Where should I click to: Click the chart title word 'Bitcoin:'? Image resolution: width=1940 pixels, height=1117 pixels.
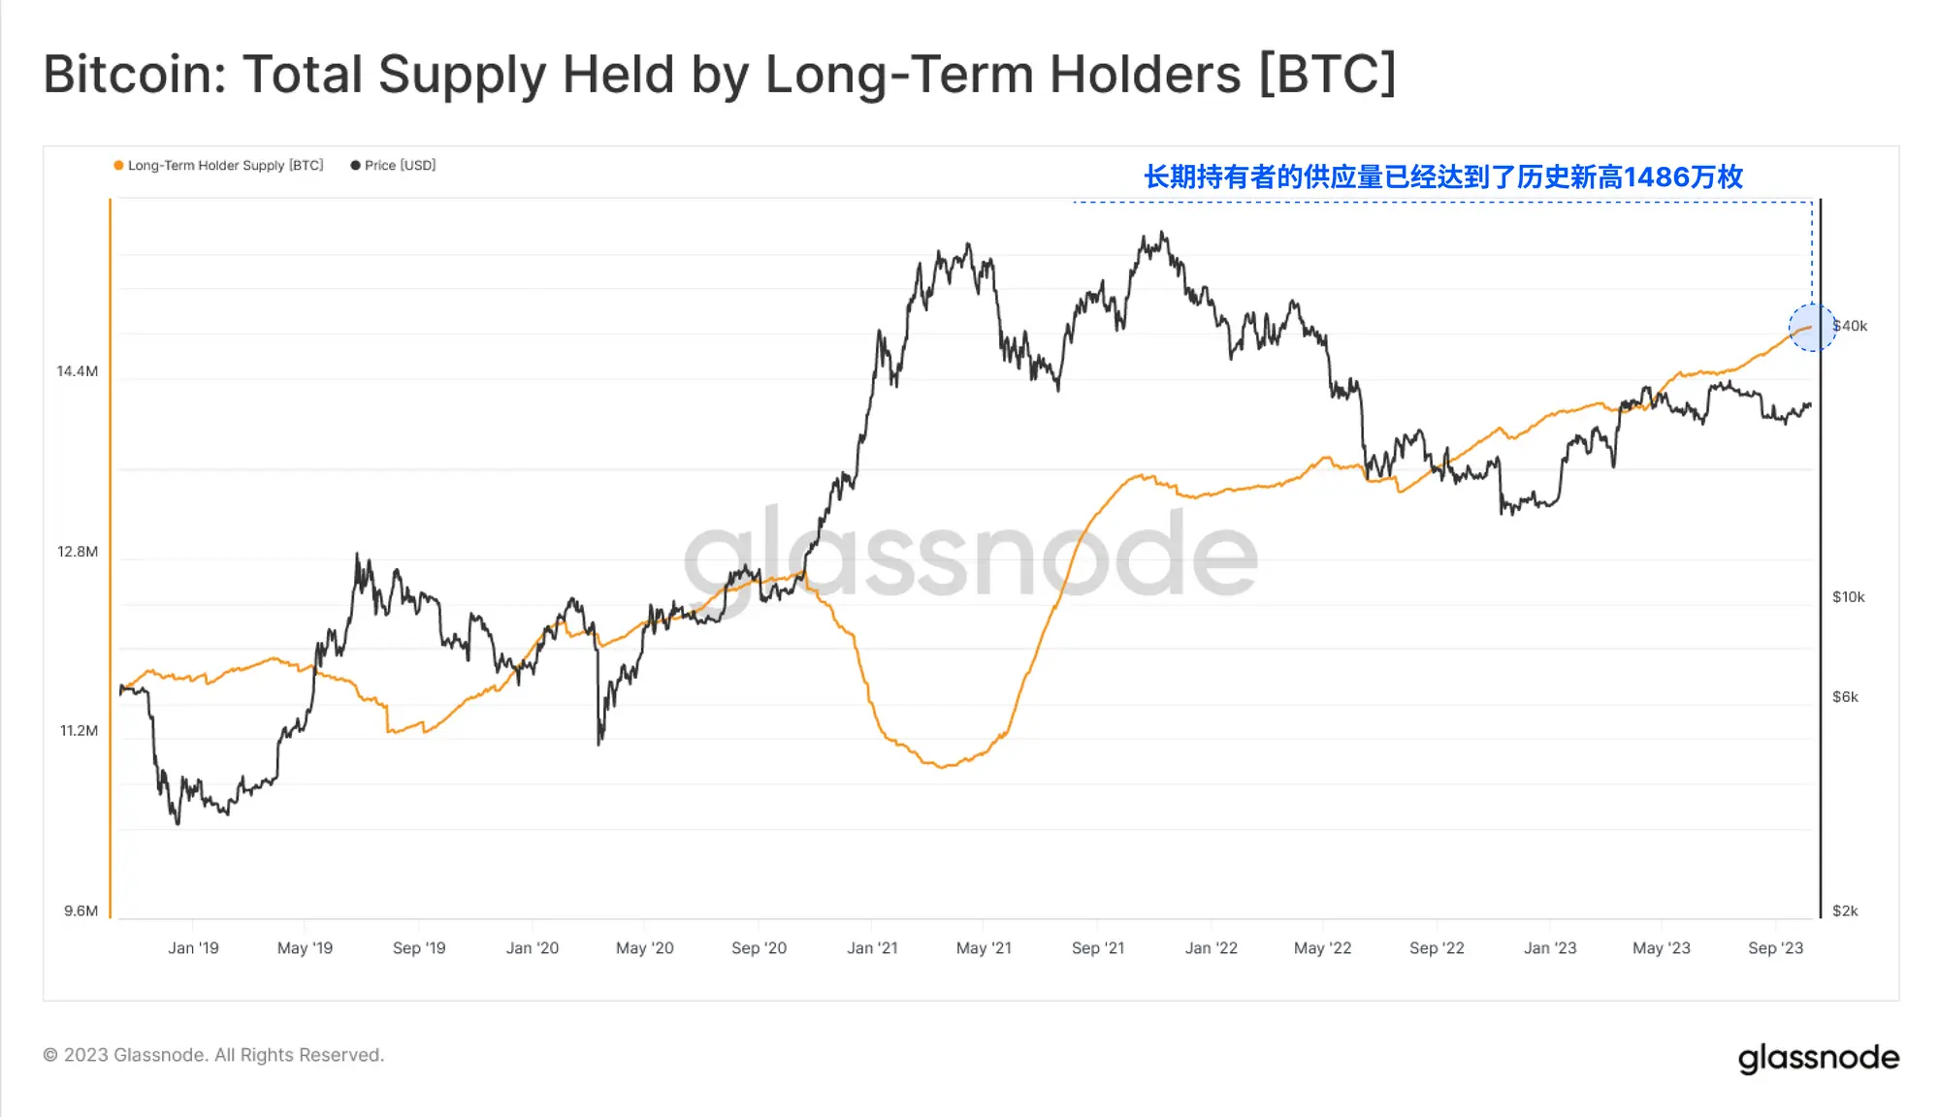point(135,75)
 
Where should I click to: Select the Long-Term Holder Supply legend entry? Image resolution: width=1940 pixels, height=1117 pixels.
point(218,166)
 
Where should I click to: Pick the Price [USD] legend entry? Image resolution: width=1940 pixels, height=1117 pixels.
point(394,166)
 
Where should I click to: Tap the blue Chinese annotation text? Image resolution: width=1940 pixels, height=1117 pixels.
point(1443,177)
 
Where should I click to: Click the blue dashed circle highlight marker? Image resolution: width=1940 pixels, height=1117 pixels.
point(1811,328)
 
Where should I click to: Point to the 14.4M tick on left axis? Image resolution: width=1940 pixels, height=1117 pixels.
point(78,371)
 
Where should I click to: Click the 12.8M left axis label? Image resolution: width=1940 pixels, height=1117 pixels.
point(78,552)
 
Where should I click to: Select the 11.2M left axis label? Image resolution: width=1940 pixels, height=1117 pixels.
point(79,731)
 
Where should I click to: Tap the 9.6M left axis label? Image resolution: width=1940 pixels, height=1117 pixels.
point(81,911)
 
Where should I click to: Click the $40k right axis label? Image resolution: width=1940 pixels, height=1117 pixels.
point(1851,326)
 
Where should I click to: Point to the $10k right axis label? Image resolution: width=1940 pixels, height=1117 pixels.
point(1848,597)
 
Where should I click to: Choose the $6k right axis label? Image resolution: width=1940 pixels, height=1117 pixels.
point(1845,697)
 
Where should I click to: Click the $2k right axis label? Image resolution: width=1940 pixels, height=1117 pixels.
point(1845,911)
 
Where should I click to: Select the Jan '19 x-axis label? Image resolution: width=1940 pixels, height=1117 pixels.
point(193,948)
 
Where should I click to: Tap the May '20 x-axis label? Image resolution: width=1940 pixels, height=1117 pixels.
point(644,948)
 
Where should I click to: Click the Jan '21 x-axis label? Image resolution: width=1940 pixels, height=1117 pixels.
point(872,948)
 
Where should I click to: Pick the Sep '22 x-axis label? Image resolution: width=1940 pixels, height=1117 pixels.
point(1437,948)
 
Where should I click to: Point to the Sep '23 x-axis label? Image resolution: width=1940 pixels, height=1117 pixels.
point(1775,948)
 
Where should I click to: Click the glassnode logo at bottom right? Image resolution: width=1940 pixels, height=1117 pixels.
point(1818,1058)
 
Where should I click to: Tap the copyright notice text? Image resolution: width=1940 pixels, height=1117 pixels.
point(213,1055)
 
